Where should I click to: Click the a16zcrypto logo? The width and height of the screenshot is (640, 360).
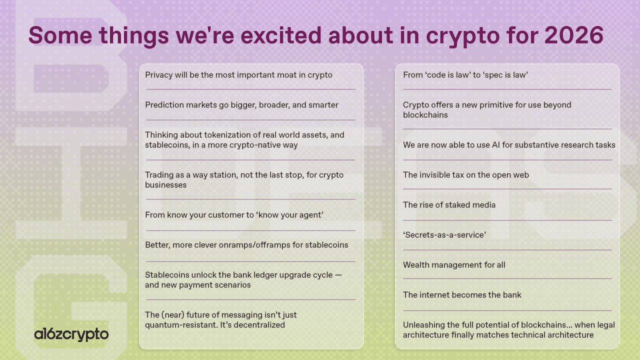[x=71, y=334]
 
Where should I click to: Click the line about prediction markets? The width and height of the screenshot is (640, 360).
[x=241, y=105]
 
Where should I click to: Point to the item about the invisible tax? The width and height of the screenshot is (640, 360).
[x=465, y=175]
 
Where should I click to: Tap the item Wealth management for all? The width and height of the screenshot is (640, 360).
[x=454, y=265]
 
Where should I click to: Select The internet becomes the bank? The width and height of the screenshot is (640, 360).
[x=462, y=295]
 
